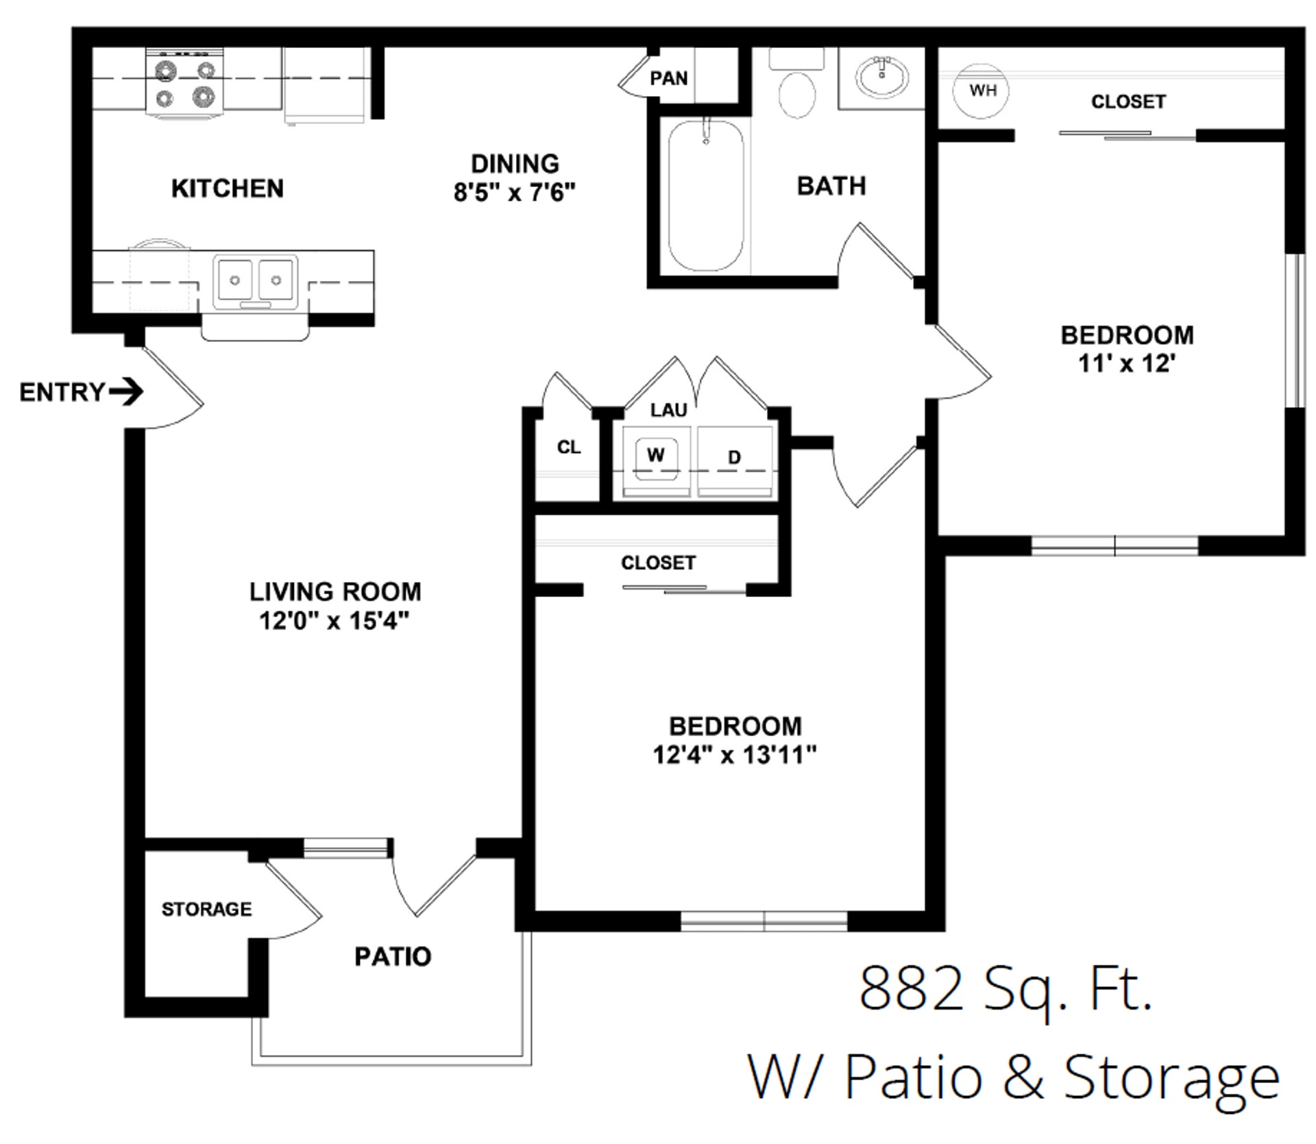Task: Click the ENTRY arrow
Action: [x=126, y=392]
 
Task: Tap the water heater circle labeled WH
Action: [x=982, y=90]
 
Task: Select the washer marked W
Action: [x=656, y=455]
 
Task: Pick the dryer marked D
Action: [x=735, y=458]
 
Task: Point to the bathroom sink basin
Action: [x=881, y=77]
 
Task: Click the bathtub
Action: [x=706, y=195]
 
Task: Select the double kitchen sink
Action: [x=255, y=281]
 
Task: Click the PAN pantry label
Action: [x=668, y=78]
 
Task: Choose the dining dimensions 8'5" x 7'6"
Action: [x=514, y=193]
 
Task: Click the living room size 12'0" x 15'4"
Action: [x=334, y=621]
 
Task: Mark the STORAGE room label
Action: [x=206, y=909]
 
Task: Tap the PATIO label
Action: [x=393, y=957]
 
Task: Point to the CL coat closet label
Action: [x=569, y=448]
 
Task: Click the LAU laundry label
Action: [x=668, y=410]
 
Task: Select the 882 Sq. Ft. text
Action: [x=1006, y=989]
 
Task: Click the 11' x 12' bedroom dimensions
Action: [x=1127, y=363]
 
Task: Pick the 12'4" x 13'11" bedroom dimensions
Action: [x=735, y=755]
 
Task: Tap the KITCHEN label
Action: [x=228, y=188]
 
